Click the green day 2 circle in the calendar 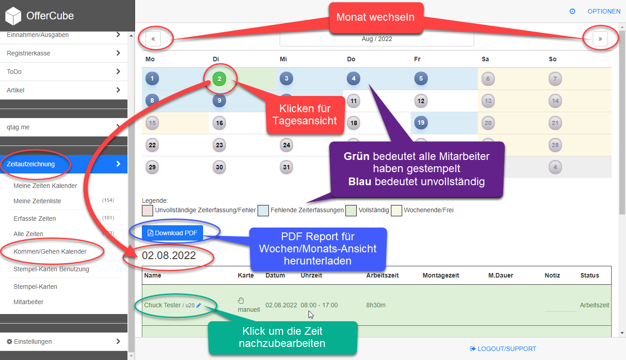point(219,79)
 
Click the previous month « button point(153,39)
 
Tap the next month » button point(600,39)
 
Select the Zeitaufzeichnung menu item point(31,164)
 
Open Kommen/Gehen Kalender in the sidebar point(50,251)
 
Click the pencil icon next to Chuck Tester point(199,305)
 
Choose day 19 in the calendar point(421,123)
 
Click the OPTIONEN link point(603,11)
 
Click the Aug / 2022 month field point(377,39)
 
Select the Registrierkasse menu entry point(28,53)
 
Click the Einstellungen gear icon point(9,342)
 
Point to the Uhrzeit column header point(311,275)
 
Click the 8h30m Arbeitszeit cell point(376,305)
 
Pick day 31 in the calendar point(286,167)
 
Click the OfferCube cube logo point(13,16)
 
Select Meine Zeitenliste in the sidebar point(37,201)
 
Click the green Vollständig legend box point(351,210)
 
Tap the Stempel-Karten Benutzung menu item point(51,269)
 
